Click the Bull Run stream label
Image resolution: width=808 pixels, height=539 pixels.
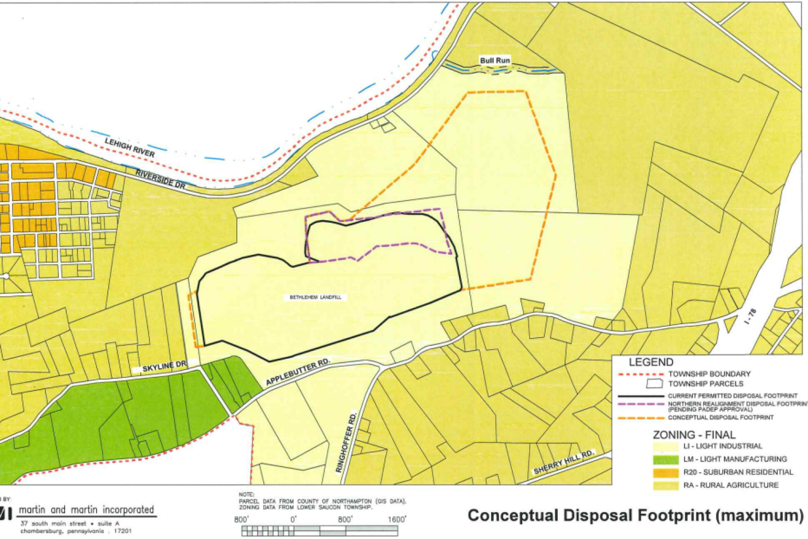tap(495, 60)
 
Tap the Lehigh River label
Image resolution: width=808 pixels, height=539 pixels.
tap(130, 147)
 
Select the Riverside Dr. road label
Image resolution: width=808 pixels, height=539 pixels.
tap(161, 179)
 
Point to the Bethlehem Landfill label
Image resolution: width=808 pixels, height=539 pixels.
tap(315, 297)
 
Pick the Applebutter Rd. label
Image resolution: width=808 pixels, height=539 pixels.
tap(297, 372)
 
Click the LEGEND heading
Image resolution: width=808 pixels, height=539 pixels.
tap(650, 362)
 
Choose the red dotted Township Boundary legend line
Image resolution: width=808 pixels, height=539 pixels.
tap(639, 374)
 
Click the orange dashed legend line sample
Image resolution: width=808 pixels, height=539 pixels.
tap(639, 418)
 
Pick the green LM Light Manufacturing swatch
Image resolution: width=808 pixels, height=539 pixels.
tap(665, 459)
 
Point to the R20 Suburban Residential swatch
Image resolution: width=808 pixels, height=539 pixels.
tap(665, 472)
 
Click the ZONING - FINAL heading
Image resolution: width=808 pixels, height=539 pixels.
tap(694, 435)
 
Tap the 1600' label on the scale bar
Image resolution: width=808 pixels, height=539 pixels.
tap(396, 519)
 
